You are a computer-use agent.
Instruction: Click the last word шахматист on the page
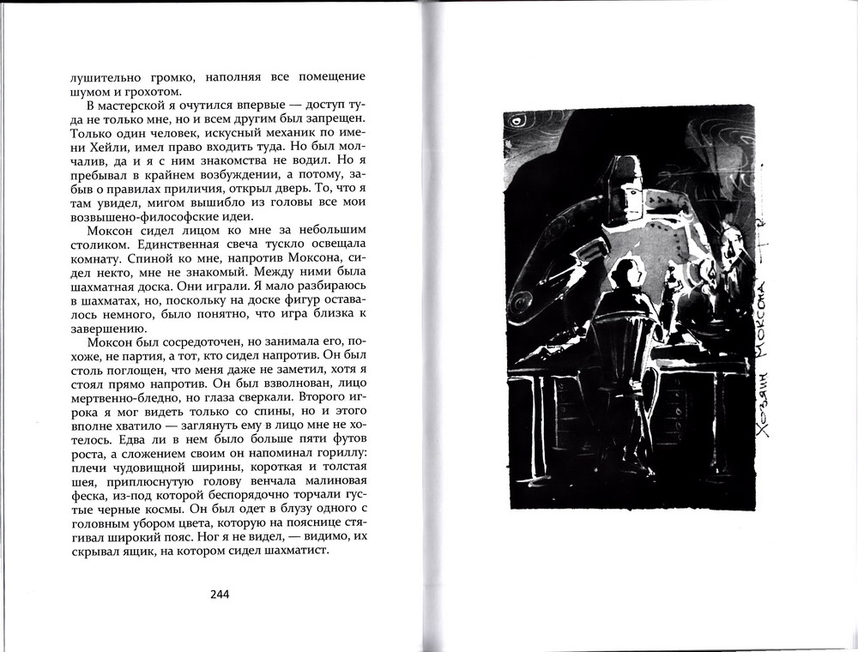click(x=300, y=551)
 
